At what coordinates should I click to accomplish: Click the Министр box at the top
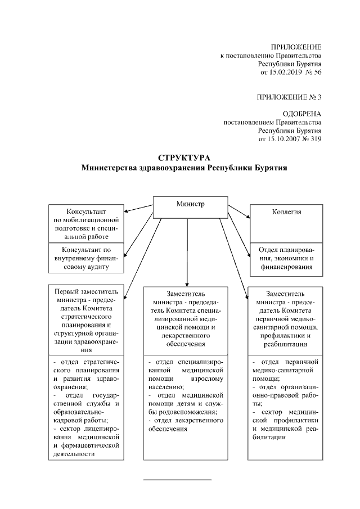(190, 206)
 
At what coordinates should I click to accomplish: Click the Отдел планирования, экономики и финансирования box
(286, 259)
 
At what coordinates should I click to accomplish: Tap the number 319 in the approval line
(314, 138)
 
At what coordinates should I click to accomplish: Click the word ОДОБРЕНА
(302, 113)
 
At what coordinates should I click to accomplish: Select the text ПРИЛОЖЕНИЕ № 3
(289, 97)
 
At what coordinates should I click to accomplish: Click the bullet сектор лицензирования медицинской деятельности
(86, 442)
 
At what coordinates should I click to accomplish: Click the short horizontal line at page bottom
(178, 480)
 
